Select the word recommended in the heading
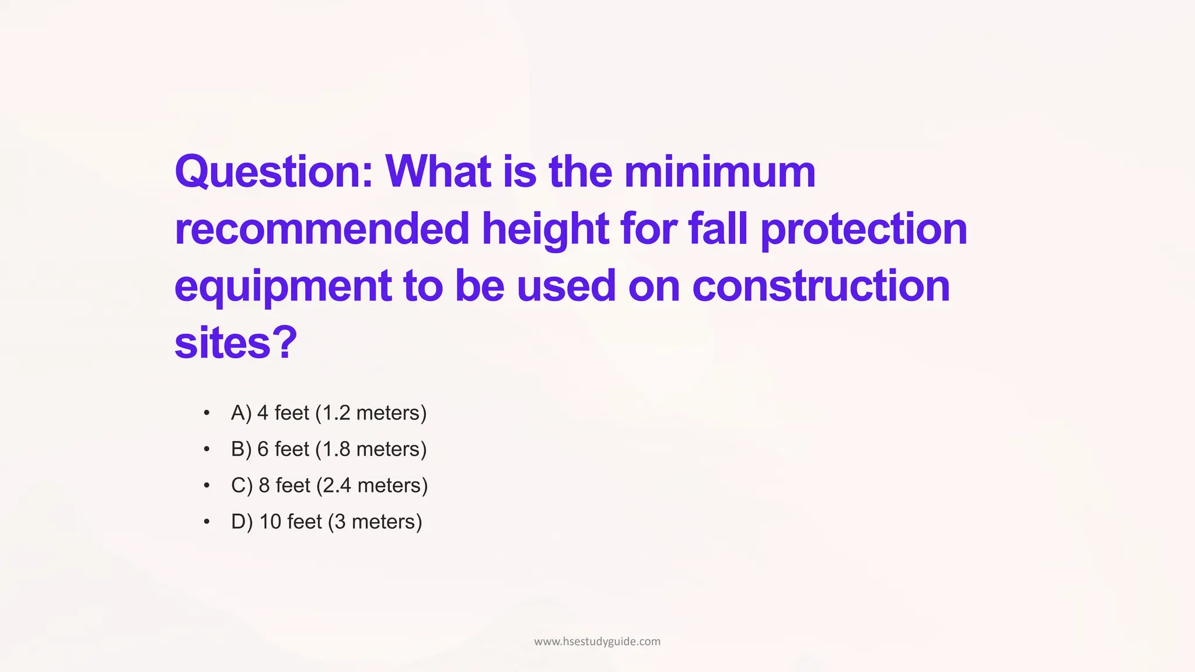pyautogui.click(x=322, y=229)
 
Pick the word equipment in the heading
pyautogui.click(x=283, y=287)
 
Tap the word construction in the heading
pyautogui.click(x=821, y=286)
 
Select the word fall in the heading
pyautogui.click(x=718, y=229)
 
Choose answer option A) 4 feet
pyautogui.click(x=329, y=413)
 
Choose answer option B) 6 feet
pyautogui.click(x=329, y=449)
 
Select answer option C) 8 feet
pyautogui.click(x=329, y=485)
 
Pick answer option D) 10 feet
pyautogui.click(x=326, y=521)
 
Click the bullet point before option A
pyautogui.click(x=207, y=413)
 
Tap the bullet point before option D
pyautogui.click(x=207, y=521)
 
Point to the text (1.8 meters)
pyautogui.click(x=371, y=449)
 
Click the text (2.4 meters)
pyautogui.click(x=372, y=485)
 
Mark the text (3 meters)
pyautogui.click(x=375, y=521)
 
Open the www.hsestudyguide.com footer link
pyautogui.click(x=597, y=642)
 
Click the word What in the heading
pyautogui.click(x=438, y=172)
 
